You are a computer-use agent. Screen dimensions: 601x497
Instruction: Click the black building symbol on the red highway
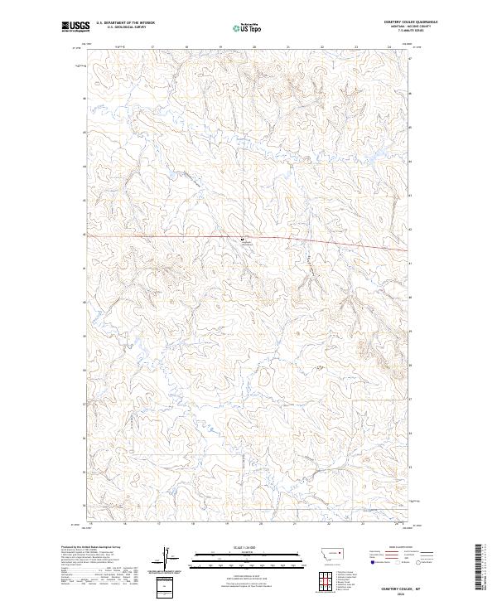(243, 239)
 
